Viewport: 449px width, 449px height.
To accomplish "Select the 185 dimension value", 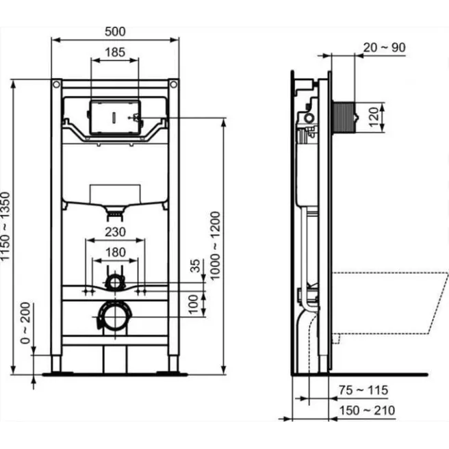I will (x=115, y=51).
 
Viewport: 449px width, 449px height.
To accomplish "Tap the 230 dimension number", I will (x=115, y=233).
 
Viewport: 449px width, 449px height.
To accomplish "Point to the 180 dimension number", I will (x=115, y=253).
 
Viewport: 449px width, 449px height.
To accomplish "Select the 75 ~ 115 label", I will (x=363, y=391).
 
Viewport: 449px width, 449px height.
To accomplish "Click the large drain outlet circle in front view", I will (x=113, y=316).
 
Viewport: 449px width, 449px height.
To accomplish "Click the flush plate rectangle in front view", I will (x=114, y=117).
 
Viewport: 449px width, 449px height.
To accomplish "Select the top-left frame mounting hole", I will (x=55, y=84).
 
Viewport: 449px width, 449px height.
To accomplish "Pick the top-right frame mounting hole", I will (x=174, y=84).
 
